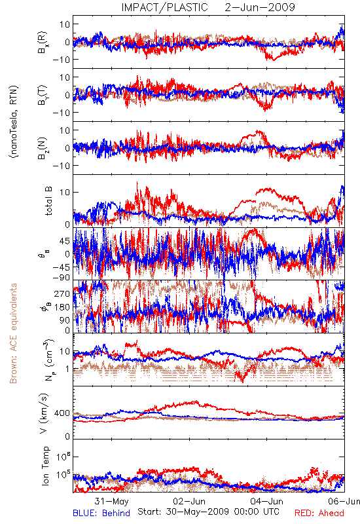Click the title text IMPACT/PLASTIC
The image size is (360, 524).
click(x=164, y=7)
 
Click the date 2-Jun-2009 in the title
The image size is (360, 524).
click(x=260, y=7)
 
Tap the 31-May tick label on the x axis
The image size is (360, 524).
click(x=111, y=501)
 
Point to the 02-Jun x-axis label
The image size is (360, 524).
click(x=189, y=501)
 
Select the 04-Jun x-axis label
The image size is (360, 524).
click(x=267, y=501)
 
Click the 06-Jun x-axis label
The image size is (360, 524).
click(x=344, y=501)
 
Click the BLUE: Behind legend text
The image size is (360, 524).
click(x=101, y=513)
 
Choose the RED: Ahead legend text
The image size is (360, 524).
click(x=319, y=513)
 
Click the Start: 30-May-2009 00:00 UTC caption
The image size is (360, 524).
click(x=208, y=512)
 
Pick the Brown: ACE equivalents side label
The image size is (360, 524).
click(x=13, y=333)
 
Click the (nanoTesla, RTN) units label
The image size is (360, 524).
click(x=14, y=121)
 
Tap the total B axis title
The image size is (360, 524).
click(x=48, y=201)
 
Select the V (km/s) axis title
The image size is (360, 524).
click(x=44, y=413)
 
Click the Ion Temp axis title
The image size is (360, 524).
click(x=45, y=466)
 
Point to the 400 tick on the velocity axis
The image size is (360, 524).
click(x=62, y=413)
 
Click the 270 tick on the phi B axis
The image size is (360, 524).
click(x=62, y=293)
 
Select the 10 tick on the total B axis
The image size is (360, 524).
click(x=65, y=192)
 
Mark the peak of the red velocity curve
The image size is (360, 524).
click(x=196, y=402)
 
